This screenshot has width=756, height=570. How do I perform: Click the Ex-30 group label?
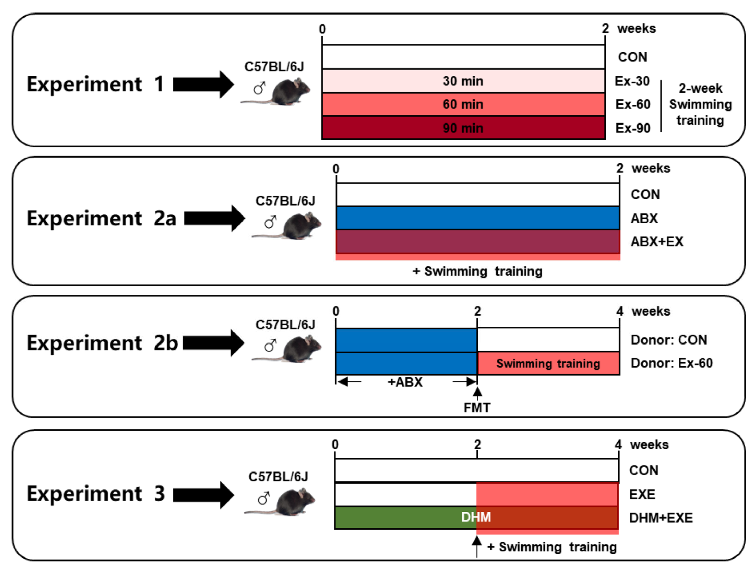[632, 81]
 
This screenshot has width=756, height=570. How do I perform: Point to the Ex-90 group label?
[633, 128]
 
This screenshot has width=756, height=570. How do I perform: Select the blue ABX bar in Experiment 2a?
[477, 218]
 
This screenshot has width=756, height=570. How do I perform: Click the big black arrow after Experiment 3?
[203, 495]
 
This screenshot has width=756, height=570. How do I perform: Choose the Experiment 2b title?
[102, 343]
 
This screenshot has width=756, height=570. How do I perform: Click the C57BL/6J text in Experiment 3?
[278, 477]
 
